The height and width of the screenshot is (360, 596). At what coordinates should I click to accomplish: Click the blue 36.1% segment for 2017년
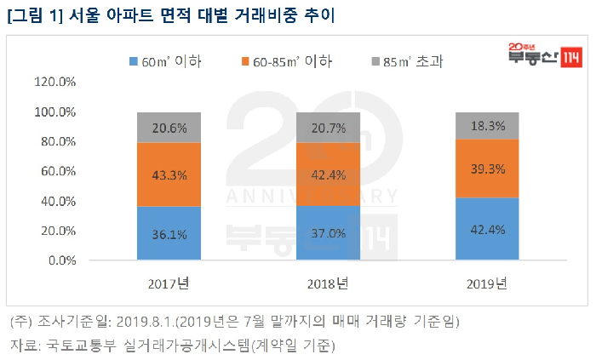click(x=169, y=233)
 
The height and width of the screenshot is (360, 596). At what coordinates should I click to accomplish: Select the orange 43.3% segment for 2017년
click(x=169, y=174)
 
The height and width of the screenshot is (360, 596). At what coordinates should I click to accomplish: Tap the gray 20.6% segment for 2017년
click(x=169, y=127)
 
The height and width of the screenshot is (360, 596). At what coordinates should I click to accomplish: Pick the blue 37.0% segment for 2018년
click(x=328, y=232)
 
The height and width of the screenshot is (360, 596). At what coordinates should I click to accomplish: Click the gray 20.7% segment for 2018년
click(x=328, y=127)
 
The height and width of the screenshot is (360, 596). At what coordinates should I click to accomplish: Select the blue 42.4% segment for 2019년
click(x=487, y=229)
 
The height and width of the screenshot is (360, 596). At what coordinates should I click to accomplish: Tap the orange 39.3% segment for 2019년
click(x=487, y=169)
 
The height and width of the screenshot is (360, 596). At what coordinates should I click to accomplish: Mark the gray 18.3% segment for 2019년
click(x=487, y=125)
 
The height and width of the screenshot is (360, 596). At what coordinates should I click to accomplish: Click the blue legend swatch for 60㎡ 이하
click(x=134, y=61)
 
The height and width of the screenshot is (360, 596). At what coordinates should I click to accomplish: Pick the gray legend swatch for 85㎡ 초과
click(x=375, y=61)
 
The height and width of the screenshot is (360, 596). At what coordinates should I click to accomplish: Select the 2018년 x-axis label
click(x=328, y=283)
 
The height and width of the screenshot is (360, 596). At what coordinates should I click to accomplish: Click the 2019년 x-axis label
click(x=487, y=283)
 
